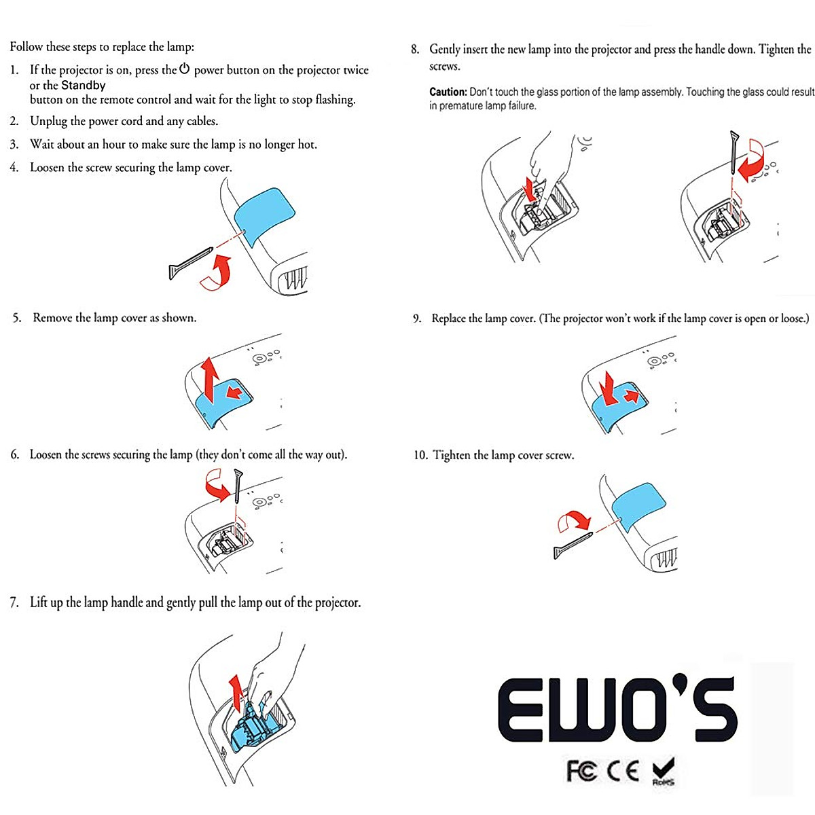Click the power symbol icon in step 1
click(x=184, y=69)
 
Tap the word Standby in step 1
click(x=84, y=85)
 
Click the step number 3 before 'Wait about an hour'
click(x=14, y=145)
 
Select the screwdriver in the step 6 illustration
click(x=238, y=486)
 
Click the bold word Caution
click(x=448, y=92)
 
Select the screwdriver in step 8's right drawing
click(x=733, y=153)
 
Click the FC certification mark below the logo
click(x=582, y=771)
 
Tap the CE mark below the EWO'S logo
click(x=623, y=771)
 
